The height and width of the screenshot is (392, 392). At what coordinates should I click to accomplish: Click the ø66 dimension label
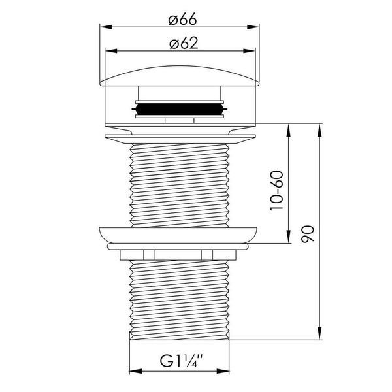click(x=183, y=19)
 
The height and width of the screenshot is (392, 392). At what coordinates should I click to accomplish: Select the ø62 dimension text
click(x=184, y=43)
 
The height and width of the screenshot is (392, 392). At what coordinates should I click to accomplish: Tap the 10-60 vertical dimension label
click(x=277, y=191)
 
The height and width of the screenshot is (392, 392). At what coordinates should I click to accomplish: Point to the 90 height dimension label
click(x=307, y=234)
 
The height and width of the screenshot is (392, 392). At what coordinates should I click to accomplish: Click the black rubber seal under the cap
click(x=180, y=109)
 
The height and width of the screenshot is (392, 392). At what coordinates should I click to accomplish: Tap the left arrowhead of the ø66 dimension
click(x=106, y=27)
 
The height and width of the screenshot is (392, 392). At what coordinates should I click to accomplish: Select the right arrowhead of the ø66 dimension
click(x=253, y=27)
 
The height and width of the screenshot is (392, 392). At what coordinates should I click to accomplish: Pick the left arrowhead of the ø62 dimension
click(x=111, y=51)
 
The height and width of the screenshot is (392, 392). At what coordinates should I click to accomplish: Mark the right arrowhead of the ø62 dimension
click(x=250, y=51)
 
